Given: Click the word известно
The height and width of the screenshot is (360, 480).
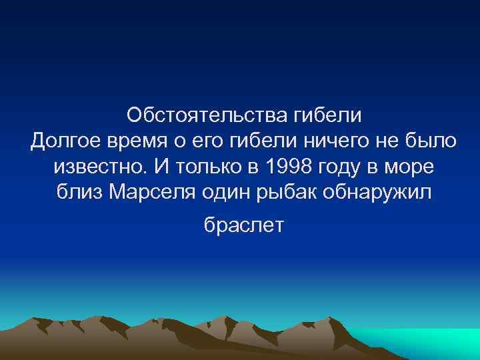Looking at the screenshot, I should point(99,166).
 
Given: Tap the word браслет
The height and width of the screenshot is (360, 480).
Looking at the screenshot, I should point(244,225).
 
